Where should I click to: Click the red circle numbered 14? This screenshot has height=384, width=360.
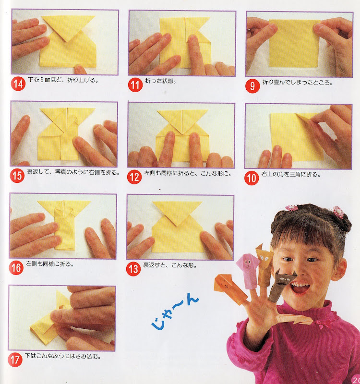18,84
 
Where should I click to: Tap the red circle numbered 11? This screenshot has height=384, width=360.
135,85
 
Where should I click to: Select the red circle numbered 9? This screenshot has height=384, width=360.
252,86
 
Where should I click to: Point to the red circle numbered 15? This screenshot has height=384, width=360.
17,176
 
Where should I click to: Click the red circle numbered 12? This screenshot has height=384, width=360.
134,177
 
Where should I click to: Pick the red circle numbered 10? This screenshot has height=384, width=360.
252,178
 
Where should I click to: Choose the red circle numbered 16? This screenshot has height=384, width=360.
16,267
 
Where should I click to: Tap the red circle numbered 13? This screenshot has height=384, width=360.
133,269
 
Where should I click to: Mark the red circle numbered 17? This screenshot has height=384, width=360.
15,360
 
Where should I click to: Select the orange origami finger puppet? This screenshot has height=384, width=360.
230,289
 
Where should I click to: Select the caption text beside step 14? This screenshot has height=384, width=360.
63,80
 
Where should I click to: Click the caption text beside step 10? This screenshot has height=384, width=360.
291,174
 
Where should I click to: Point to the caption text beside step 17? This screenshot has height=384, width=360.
63,356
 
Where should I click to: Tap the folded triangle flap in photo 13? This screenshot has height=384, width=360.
177,211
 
